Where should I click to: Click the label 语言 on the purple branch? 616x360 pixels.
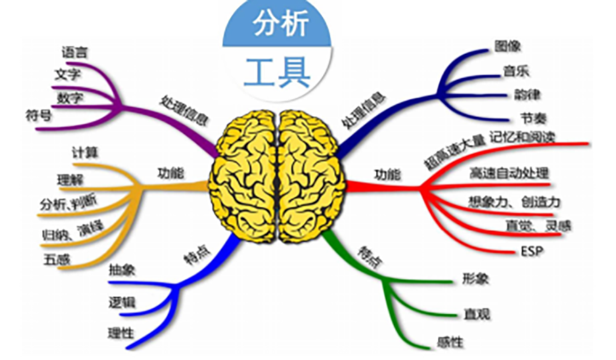pos(75,52)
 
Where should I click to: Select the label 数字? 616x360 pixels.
pos(70,98)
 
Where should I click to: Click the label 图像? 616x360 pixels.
pos(508,46)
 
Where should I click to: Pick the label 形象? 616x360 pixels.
pos(475,279)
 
